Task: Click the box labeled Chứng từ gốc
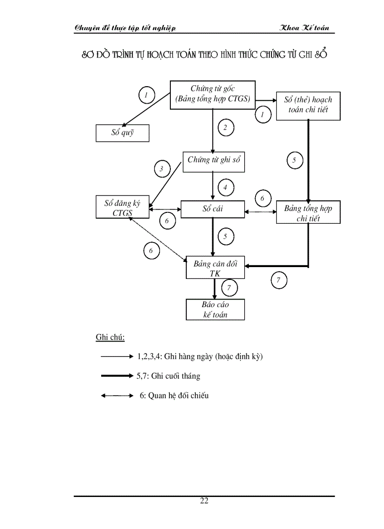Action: pos(212,94)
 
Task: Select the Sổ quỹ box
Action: pos(122,133)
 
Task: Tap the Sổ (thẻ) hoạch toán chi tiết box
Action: pos(308,106)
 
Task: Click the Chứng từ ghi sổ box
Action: pos(214,160)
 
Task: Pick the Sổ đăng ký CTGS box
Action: pos(122,208)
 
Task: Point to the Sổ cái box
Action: pos(212,209)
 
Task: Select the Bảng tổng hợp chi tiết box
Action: pos(308,213)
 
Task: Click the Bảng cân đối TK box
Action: pos(215,269)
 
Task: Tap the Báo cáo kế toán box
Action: pos(215,309)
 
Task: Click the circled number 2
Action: pos(225,128)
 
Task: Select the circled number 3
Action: pos(161,169)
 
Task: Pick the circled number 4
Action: pos(225,188)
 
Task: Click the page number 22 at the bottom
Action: pos(204,501)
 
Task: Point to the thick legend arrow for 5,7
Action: pos(117,375)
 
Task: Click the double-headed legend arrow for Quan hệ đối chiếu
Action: pos(117,396)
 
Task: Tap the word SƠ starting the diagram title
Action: pos(88,55)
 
